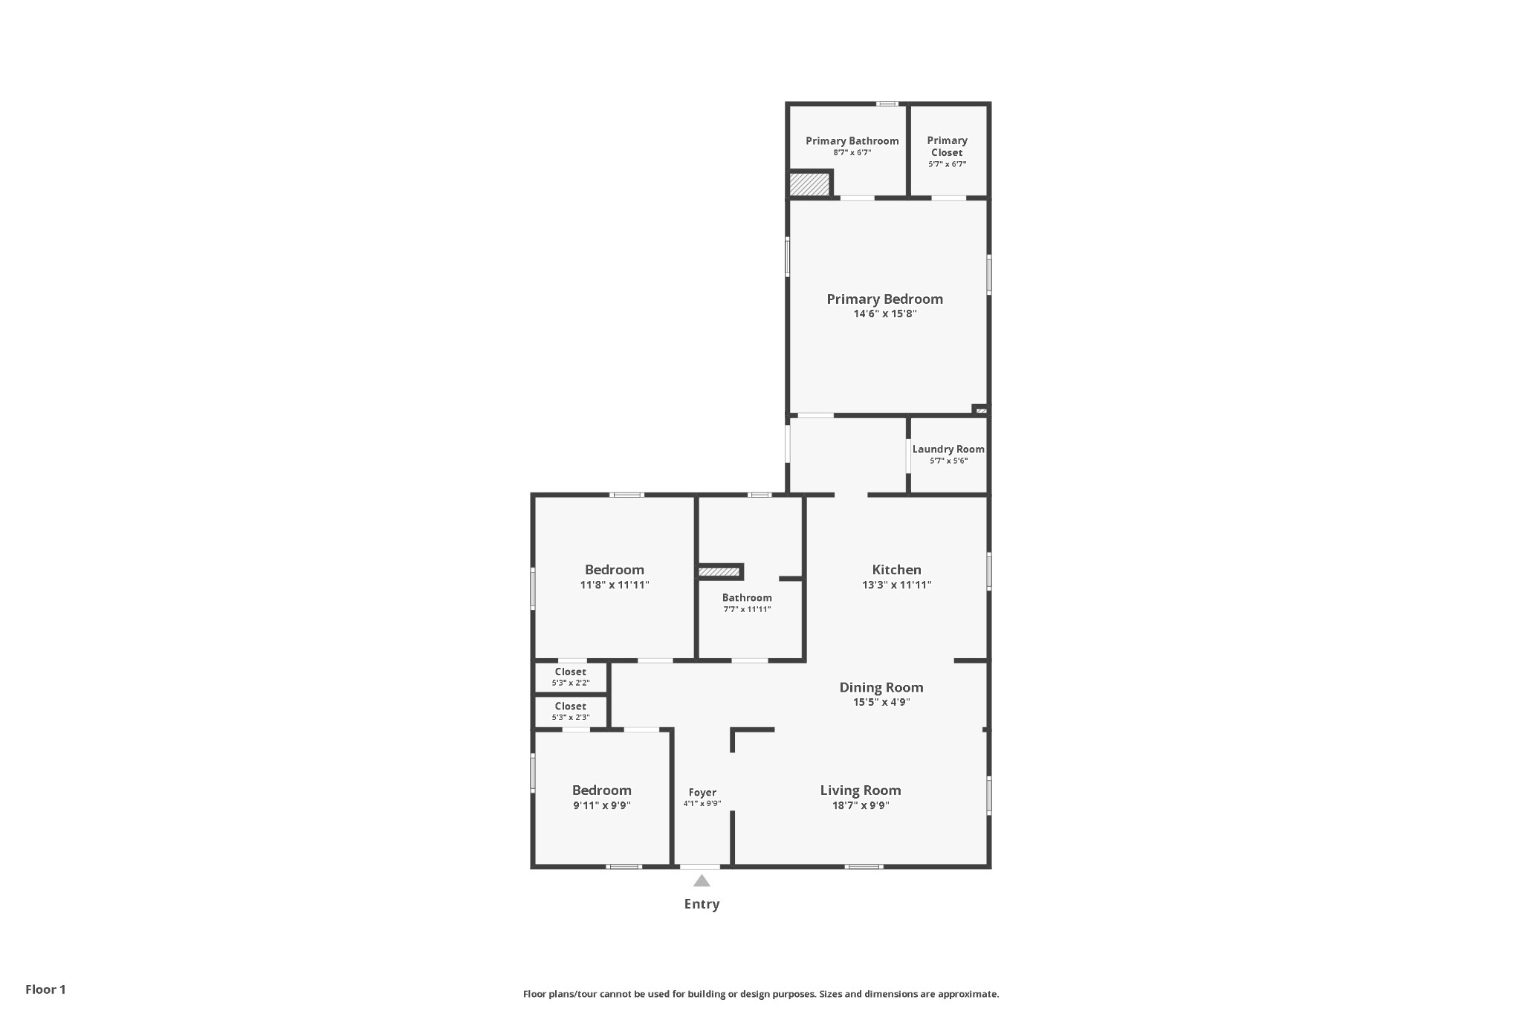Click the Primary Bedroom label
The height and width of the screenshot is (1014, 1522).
(x=884, y=299)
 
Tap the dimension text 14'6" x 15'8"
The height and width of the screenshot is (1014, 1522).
(x=884, y=314)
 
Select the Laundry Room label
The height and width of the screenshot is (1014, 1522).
(x=948, y=449)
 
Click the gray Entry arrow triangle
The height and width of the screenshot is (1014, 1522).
(x=702, y=881)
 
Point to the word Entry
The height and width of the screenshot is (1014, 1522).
(x=702, y=904)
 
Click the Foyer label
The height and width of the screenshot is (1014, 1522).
(x=702, y=793)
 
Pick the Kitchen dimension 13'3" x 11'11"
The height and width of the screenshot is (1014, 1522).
(x=896, y=585)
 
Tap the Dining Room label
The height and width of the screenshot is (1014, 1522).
(x=881, y=687)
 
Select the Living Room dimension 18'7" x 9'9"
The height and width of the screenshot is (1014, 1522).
(x=861, y=805)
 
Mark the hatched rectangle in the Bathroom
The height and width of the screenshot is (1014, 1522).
(x=719, y=572)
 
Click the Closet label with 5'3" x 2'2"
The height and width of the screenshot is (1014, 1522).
(x=570, y=672)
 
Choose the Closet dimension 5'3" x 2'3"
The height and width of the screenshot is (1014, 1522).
(x=570, y=718)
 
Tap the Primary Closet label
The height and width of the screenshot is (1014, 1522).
(x=947, y=146)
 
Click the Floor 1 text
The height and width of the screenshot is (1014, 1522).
(x=45, y=989)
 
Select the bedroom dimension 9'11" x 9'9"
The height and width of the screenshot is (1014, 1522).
(x=601, y=805)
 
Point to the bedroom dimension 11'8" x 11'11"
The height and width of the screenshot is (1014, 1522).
(x=615, y=585)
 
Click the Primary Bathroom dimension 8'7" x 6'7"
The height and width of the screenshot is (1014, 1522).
(x=852, y=152)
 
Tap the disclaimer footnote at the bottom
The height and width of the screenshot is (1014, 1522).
(x=761, y=994)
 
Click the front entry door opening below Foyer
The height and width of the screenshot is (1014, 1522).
(x=700, y=866)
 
